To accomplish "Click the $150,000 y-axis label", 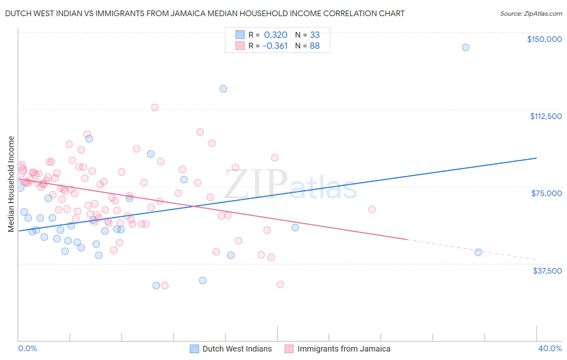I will pyautogui.click(x=544, y=39).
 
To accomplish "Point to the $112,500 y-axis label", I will pyautogui.click(x=546, y=116).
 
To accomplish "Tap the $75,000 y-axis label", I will pyautogui.click(x=546, y=193).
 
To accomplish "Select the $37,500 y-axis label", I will pyautogui.click(x=547, y=271).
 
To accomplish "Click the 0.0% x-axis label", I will pyautogui.click(x=27, y=348).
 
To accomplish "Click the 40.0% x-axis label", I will pyautogui.click(x=550, y=348).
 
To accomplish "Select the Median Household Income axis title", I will pyautogui.click(x=11, y=184).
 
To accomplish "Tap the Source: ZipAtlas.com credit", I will pyautogui.click(x=531, y=13).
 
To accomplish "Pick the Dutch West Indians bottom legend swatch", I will pyautogui.click(x=194, y=349).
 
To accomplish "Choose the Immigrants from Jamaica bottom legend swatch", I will pyautogui.click(x=289, y=349).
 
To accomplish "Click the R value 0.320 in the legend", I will pyautogui.click(x=275, y=35).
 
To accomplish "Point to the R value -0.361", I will pyautogui.click(x=275, y=46).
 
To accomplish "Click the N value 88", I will pyautogui.click(x=315, y=46).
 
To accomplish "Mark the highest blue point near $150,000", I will pyautogui.click(x=465, y=47).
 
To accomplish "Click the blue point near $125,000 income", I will pyautogui.click(x=223, y=89).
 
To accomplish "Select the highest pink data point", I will pyautogui.click(x=154, y=107).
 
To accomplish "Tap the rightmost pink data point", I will pyautogui.click(x=372, y=209).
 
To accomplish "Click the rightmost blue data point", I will pyautogui.click(x=478, y=252).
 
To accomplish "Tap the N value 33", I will pyautogui.click(x=315, y=35).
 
